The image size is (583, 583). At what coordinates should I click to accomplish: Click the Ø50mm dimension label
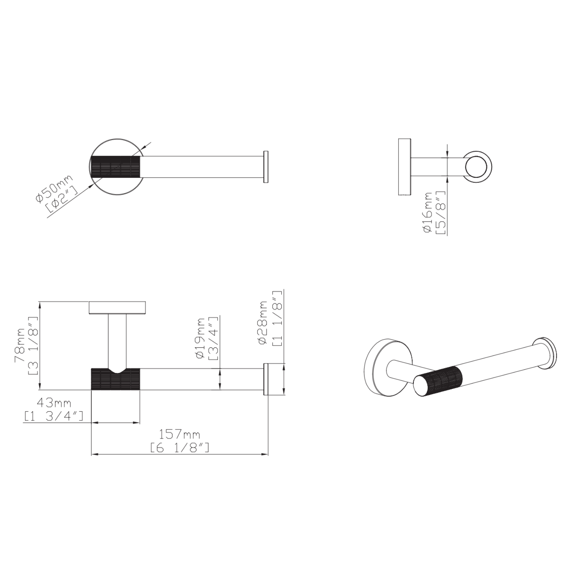tap(53, 188)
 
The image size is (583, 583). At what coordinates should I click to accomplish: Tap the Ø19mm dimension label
tap(200, 338)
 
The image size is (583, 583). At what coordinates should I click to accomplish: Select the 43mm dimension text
tap(54, 403)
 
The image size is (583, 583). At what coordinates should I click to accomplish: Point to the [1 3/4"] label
tap(54, 416)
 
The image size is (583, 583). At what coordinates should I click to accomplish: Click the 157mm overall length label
tap(179, 434)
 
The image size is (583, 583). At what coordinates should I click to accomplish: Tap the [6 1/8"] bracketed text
tap(179, 448)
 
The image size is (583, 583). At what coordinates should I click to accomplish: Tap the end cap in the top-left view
tap(266, 167)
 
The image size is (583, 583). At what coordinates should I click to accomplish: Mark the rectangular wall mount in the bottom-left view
tap(117, 308)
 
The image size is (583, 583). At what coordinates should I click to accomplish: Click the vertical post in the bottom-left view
tap(117, 341)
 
